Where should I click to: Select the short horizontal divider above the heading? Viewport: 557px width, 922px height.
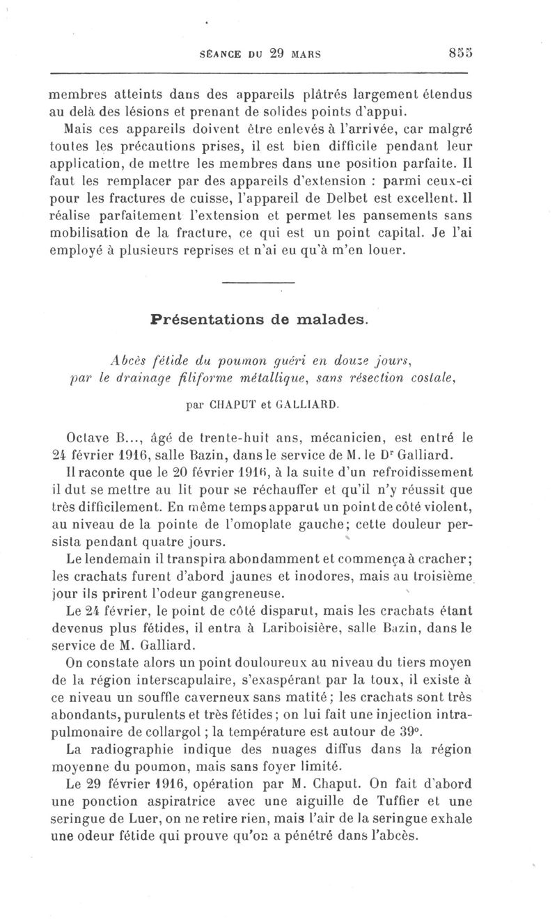[258, 281]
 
